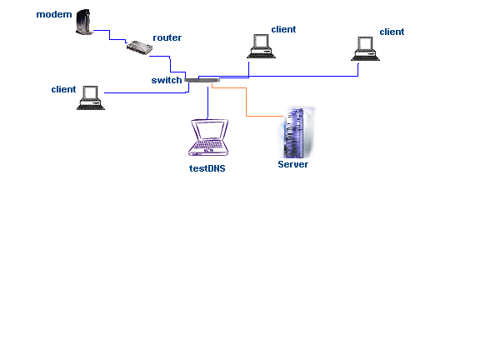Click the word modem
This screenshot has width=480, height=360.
[x=54, y=14]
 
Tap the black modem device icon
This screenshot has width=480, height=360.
[x=83, y=22]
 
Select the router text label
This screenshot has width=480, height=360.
[x=167, y=37]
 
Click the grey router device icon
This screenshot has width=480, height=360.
[x=139, y=48]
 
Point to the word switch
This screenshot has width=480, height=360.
[x=167, y=80]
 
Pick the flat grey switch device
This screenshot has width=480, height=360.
[x=202, y=80]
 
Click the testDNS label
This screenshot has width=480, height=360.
[x=207, y=168]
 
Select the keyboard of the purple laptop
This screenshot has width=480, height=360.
[x=208, y=144]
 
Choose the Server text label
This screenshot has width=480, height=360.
[x=293, y=164]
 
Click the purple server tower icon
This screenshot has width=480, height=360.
[x=297, y=132]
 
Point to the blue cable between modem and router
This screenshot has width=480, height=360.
[x=110, y=35]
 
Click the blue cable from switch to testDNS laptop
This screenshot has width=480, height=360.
[x=207, y=102]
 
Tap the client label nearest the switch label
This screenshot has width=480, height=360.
[x=63, y=89]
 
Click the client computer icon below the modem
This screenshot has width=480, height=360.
[x=91, y=98]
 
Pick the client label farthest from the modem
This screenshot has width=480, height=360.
[x=392, y=32]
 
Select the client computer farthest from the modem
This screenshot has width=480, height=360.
[x=365, y=49]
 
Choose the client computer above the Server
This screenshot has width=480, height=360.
[x=261, y=46]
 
